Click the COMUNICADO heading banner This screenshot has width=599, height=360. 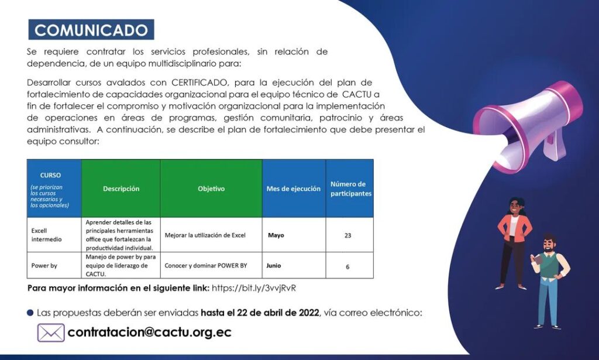click(x=91, y=30)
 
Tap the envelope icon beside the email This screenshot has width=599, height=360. click(x=51, y=332)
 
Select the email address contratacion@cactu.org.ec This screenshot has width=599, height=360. click(x=149, y=332)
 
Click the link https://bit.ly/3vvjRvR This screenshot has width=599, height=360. click(x=254, y=288)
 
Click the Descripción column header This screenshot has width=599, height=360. click(x=121, y=188)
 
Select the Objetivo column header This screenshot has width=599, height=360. click(x=211, y=188)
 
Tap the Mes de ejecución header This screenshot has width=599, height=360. click(x=294, y=188)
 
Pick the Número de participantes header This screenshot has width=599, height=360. click(x=350, y=188)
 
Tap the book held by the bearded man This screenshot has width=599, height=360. click(x=538, y=259)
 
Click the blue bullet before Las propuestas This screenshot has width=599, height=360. click(x=30, y=313)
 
